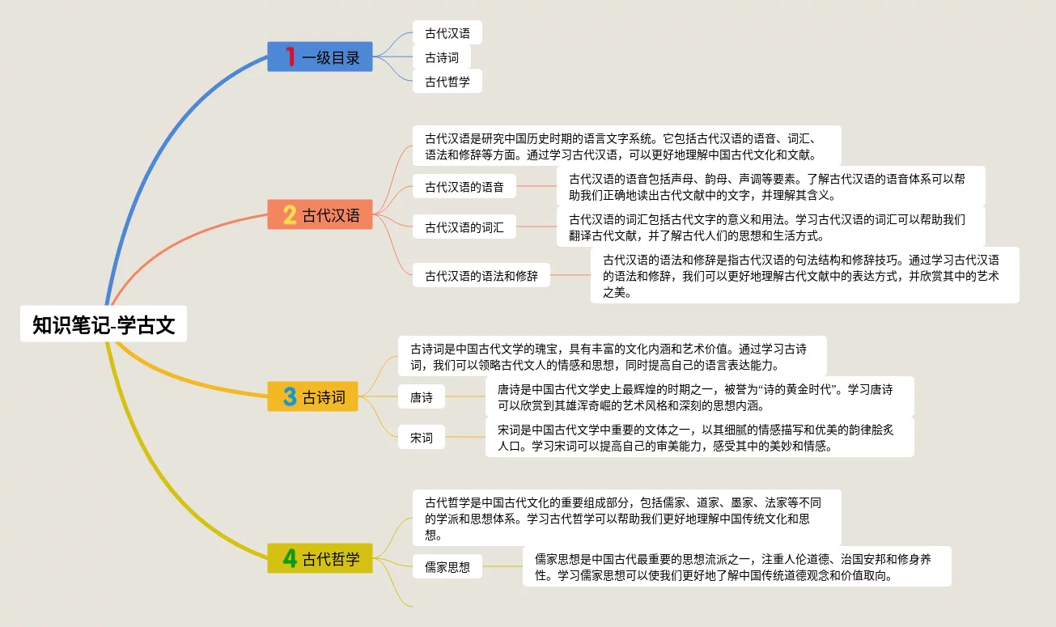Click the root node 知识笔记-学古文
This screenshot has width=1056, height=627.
click(104, 325)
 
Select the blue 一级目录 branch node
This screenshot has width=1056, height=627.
click(320, 57)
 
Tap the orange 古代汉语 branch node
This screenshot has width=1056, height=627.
click(320, 215)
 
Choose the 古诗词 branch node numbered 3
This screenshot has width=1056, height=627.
click(313, 396)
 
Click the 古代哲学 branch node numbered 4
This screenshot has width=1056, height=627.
click(320, 558)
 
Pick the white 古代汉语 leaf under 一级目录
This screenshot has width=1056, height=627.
click(447, 33)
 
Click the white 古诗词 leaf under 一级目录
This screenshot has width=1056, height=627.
click(441, 57)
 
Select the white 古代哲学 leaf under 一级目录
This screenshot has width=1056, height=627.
click(447, 81)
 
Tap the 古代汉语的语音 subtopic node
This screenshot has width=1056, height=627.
click(464, 187)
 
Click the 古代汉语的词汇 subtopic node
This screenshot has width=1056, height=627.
click(464, 227)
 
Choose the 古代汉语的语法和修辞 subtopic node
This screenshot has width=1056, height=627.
click(481, 276)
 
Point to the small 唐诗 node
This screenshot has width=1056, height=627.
click(421, 397)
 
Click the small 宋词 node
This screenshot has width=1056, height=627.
click(421, 438)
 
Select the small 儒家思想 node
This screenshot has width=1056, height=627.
click(447, 566)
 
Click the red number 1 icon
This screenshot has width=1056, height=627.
click(291, 57)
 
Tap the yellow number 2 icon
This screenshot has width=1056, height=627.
click(290, 215)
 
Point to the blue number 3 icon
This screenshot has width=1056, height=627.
click(290, 396)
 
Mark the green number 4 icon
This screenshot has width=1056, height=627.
click(290, 558)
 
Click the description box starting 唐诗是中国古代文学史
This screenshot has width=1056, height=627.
click(699, 397)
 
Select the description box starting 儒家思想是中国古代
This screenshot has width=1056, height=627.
click(736, 566)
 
